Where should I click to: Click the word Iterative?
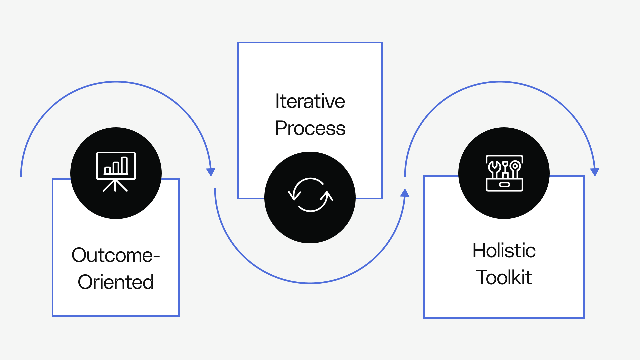click(x=310, y=101)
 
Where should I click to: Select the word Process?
click(x=310, y=128)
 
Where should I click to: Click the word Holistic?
click(x=504, y=250)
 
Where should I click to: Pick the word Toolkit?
click(x=504, y=277)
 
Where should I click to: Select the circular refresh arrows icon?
click(x=310, y=195)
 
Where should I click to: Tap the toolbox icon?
click(x=504, y=173)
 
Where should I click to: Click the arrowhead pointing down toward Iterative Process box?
click(x=211, y=172)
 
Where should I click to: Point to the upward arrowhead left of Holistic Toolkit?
click(x=405, y=193)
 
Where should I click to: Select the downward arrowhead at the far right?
click(x=595, y=172)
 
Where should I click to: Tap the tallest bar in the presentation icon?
click(x=124, y=165)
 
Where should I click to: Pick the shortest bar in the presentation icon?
click(x=107, y=170)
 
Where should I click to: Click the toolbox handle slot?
click(x=504, y=185)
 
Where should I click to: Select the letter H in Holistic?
click(x=479, y=250)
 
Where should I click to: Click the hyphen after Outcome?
click(x=157, y=256)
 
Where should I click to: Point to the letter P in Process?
click(x=281, y=128)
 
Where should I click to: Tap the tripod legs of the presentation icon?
click(x=115, y=186)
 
